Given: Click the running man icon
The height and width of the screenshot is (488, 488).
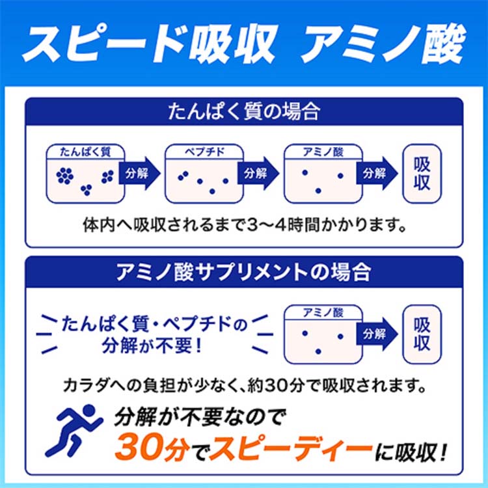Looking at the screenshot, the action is [74, 431].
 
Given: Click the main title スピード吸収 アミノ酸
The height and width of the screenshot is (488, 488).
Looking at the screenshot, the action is [244, 44].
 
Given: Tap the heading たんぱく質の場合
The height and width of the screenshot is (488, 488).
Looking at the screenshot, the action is [244, 112].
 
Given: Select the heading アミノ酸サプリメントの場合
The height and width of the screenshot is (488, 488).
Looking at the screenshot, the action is [244, 272].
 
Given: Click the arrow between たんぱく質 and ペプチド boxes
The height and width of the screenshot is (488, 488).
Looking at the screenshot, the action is [139, 173].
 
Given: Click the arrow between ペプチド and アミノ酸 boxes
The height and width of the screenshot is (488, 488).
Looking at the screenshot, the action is [258, 173].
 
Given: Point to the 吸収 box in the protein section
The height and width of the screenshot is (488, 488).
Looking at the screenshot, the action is [422, 173].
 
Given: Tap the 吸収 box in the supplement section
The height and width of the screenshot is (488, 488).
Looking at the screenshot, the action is [422, 334].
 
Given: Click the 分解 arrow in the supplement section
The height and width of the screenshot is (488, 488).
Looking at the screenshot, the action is [377, 334].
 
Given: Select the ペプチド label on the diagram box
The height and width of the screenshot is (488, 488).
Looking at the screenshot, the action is [204, 152].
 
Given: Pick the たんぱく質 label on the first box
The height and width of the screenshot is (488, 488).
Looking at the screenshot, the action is [85, 152].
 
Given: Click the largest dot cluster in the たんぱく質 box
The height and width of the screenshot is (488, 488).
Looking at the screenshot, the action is [65, 176].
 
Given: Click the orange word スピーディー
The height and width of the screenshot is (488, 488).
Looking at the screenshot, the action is [291, 449].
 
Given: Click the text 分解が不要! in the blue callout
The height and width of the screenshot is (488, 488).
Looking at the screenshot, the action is [152, 346].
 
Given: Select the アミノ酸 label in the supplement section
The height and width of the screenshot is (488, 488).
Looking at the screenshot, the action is [323, 312].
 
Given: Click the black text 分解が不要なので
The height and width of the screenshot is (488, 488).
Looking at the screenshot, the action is [199, 416].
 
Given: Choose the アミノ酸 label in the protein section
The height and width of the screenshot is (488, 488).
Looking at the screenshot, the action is [323, 152].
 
